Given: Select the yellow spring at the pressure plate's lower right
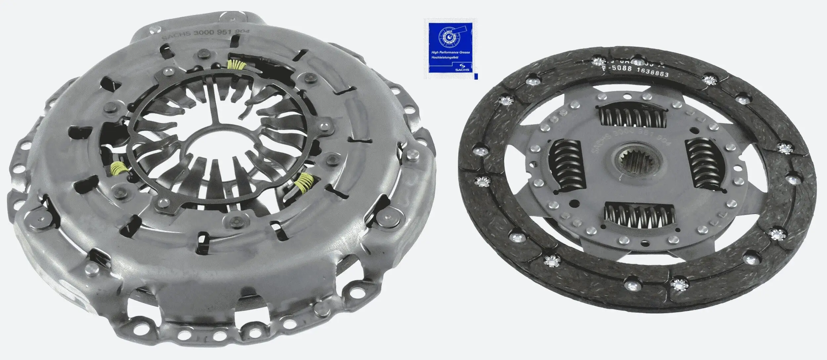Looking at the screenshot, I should (x=305, y=183).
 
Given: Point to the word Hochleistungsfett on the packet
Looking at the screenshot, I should (x=445, y=58).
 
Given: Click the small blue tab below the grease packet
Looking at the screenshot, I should (x=476, y=76).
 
